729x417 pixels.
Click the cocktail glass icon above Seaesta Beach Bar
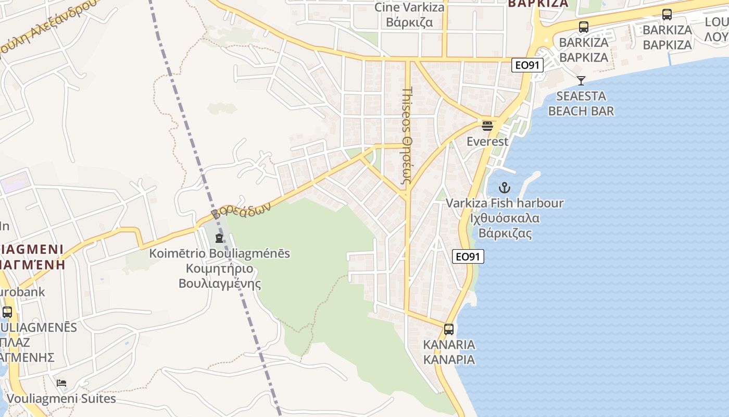[581, 80]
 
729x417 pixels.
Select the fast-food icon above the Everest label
[487, 126]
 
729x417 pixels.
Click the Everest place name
[487, 141]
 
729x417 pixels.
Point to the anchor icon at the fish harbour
[504, 188]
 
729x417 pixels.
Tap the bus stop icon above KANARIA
[449, 329]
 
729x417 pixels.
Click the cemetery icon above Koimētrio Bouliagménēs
[219, 238]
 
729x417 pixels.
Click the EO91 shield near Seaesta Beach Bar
[527, 65]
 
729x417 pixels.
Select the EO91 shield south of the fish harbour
[468, 256]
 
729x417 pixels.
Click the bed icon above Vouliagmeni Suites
[61, 383]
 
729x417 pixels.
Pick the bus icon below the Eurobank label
[7, 312]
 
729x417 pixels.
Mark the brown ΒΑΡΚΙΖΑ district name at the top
[537, 4]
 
